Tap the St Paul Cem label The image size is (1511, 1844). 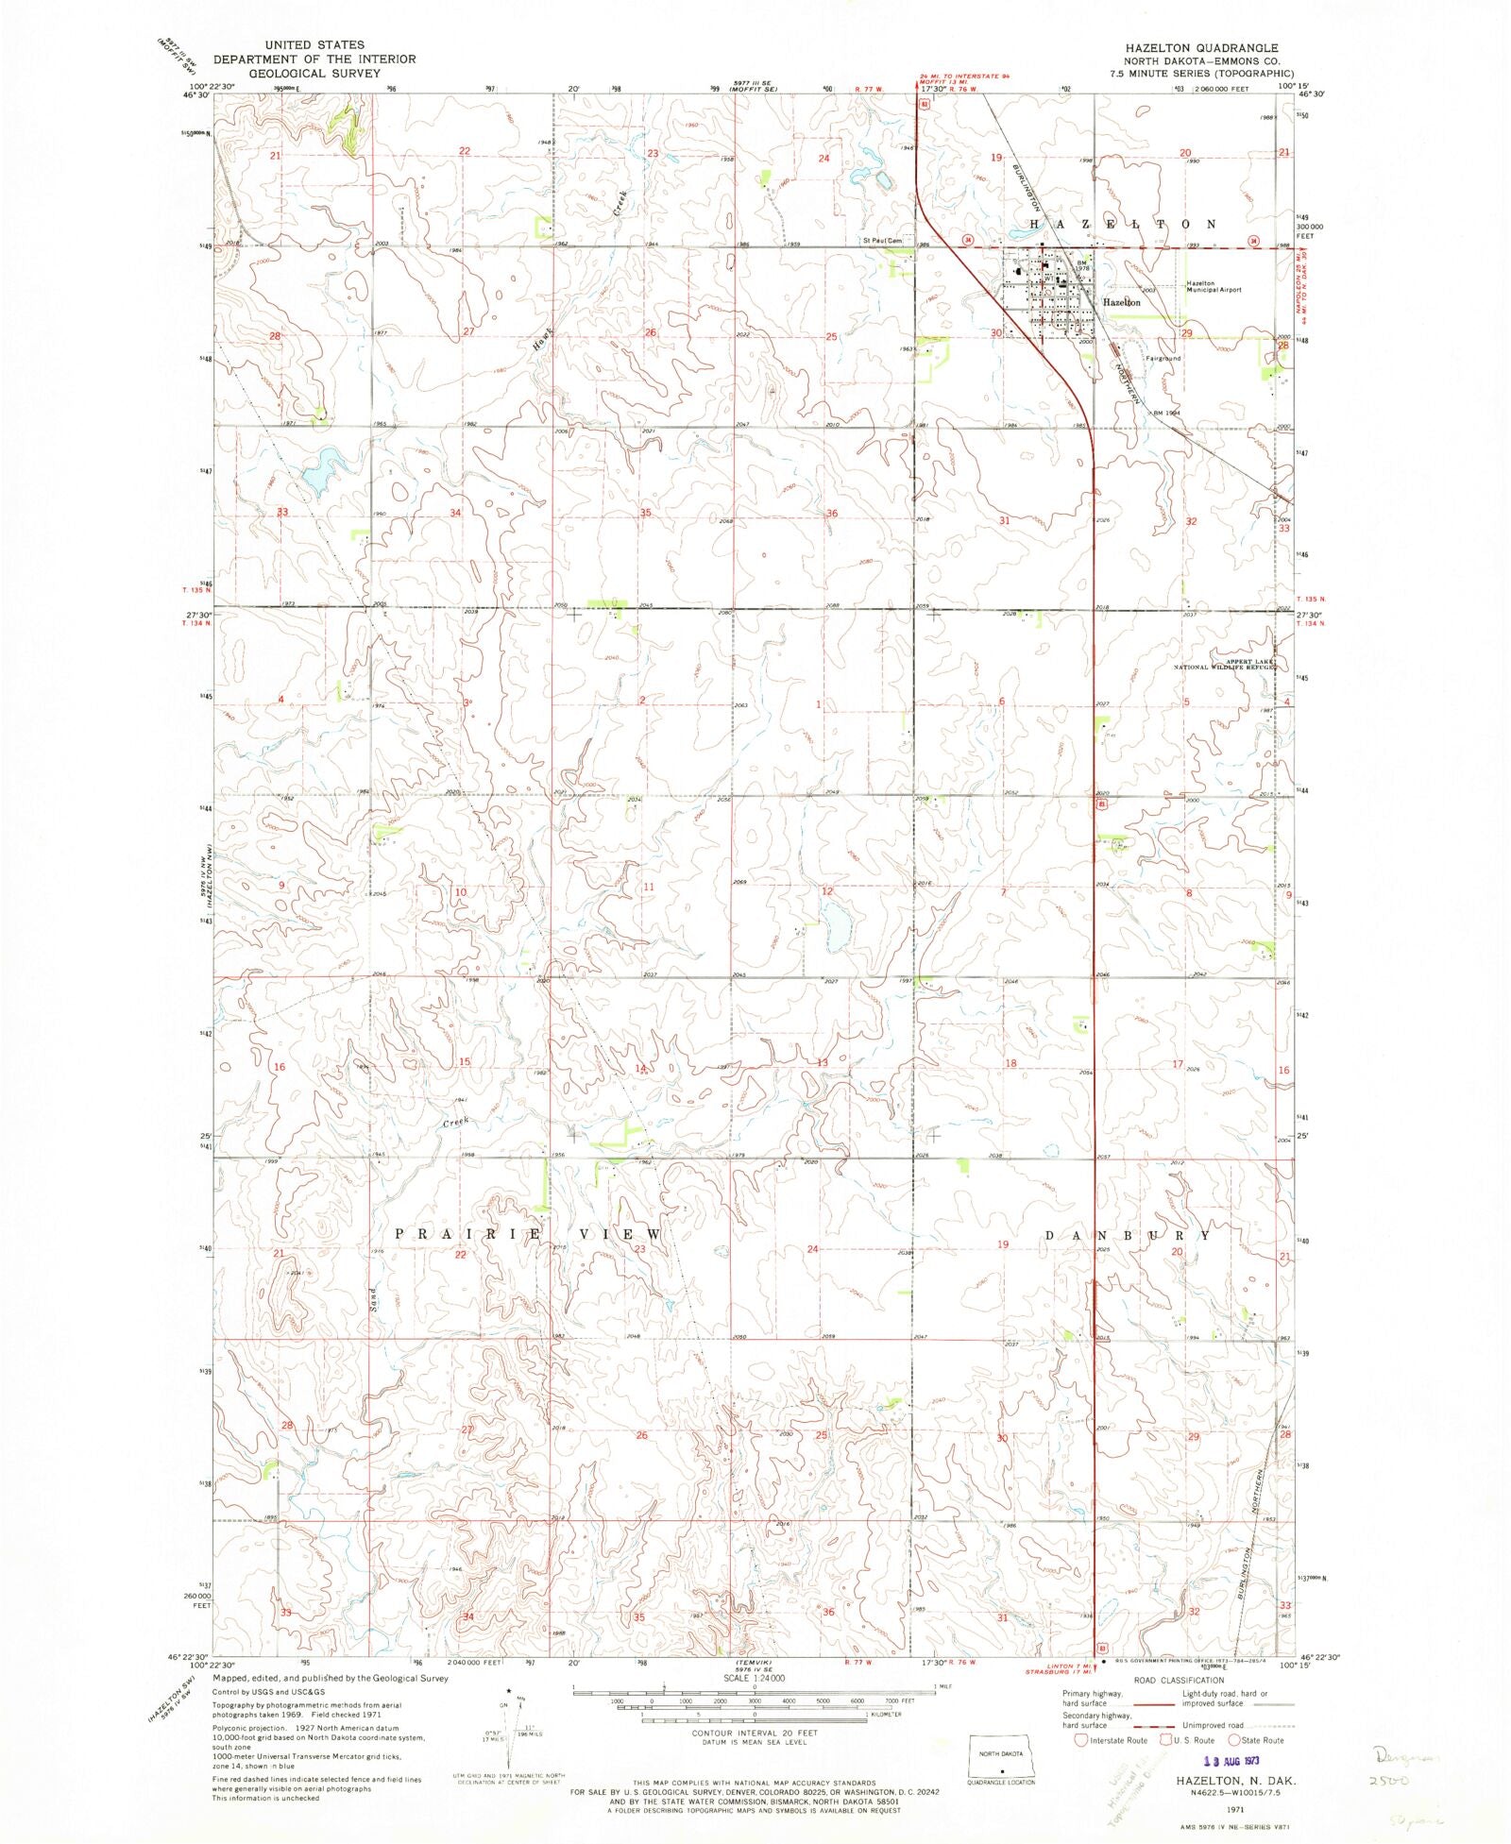coord(883,240)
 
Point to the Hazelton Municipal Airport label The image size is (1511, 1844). coord(1214,287)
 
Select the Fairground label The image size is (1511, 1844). coord(1163,358)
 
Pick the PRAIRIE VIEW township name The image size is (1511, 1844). coord(527,1234)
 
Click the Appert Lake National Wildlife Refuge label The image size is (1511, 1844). coord(1224,664)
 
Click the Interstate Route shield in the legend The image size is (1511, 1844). coord(1081,1740)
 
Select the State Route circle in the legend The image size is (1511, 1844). coord(1233,1740)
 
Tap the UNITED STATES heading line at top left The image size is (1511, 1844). coord(301,44)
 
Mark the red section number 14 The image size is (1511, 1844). coord(641,1068)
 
